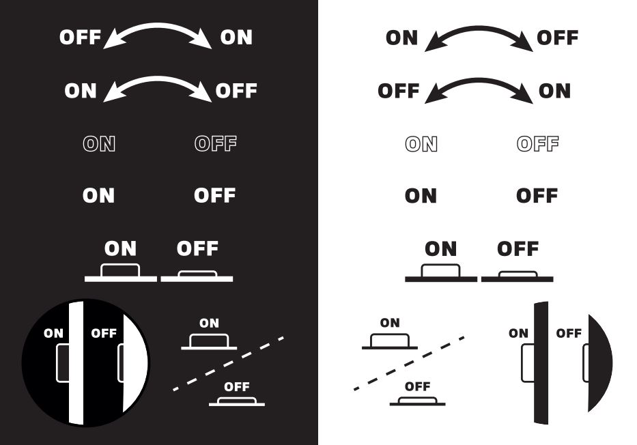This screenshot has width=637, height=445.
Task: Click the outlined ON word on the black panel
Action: (99, 144)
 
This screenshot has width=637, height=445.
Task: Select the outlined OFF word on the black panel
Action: (216, 144)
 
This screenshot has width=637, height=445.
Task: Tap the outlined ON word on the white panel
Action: (421, 144)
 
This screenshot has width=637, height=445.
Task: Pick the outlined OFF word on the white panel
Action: (538, 144)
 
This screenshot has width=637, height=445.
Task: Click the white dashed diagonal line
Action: (228, 363)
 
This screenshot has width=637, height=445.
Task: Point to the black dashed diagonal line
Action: (409, 363)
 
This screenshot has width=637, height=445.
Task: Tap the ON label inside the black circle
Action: (54, 333)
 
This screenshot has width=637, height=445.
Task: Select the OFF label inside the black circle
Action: (104, 333)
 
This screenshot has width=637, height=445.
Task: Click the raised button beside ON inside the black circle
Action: (62, 363)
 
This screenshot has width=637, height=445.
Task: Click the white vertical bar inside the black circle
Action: (76, 363)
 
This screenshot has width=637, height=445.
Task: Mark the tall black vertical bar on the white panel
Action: (541, 363)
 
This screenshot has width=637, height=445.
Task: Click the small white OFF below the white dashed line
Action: (237, 387)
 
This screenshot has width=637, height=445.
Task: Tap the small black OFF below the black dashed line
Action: (418, 386)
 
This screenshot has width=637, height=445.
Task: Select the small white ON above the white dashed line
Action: (209, 324)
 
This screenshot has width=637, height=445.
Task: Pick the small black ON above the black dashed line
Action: (390, 323)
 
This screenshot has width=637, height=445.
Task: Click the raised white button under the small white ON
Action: (209, 341)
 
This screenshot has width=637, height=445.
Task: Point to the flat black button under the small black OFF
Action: (418, 401)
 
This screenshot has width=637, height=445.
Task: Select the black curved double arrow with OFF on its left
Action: (479, 81)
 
